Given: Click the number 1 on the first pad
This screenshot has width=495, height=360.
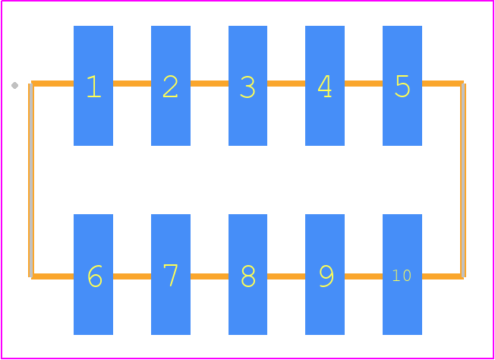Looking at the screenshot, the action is pos(94,87).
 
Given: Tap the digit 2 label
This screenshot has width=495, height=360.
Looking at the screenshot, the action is pos(171,87).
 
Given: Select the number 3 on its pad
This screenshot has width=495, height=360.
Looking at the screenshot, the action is pos(247,87).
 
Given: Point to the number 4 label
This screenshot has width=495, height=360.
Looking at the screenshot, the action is pos(324,87).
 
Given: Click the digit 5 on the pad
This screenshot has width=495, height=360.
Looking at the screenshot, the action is pos(402,87).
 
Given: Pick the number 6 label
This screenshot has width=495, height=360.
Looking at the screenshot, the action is pos(95,276).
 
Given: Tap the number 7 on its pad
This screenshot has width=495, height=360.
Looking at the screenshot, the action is pos(171,276).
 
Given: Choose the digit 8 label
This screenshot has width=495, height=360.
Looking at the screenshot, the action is pos(247,276).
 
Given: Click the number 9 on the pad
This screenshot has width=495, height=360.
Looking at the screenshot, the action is pos(326,276).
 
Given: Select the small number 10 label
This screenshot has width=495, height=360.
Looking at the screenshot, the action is pos(402,276).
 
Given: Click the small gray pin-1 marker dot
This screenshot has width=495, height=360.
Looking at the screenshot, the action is pos(14,85).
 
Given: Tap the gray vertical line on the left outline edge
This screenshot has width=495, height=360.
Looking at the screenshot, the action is pos(30,180).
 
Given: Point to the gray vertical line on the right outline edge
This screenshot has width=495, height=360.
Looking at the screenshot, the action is pos(463,180).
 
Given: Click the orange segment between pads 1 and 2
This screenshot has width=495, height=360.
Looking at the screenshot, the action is pos(132,84).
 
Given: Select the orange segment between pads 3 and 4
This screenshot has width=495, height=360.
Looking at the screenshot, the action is pos(286,84).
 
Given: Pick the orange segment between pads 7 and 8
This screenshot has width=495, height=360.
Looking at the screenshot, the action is pos(210,276).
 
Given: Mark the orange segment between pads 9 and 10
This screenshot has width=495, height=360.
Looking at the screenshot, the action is pos(364,276).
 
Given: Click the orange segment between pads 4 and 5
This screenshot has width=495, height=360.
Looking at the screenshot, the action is pos(364,84).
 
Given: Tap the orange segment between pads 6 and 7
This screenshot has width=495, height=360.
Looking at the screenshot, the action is pos(132,276).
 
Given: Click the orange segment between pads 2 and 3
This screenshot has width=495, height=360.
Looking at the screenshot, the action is pos(210,84).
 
